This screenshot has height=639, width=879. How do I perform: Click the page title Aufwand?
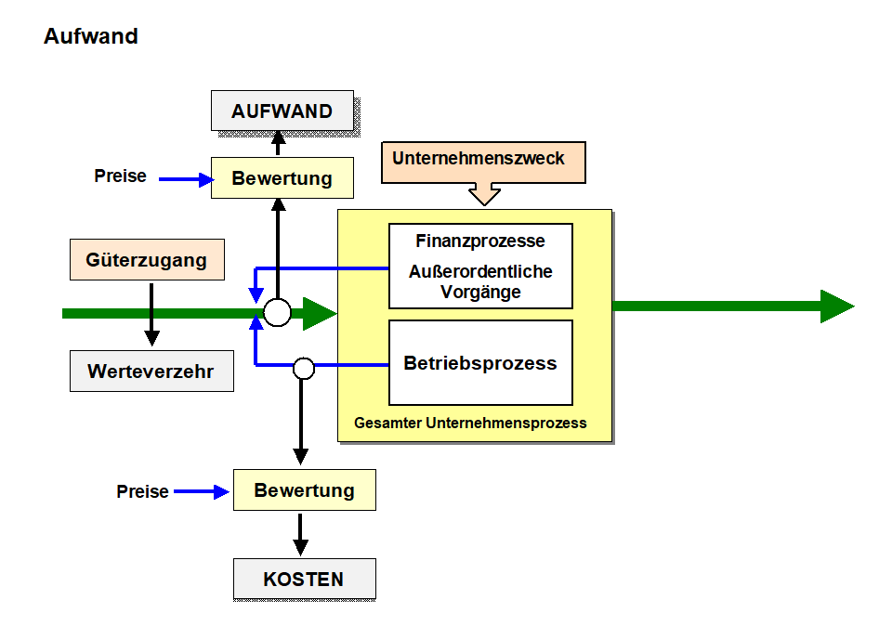91,37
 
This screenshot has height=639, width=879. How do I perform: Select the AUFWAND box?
282,111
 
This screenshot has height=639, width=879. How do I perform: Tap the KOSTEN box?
304,580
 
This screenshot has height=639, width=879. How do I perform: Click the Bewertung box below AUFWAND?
282,177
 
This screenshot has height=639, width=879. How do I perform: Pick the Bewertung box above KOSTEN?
304,490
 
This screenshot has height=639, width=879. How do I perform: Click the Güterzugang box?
147,260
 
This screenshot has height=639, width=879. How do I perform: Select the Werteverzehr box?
151,372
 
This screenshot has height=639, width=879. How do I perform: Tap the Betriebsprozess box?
480,363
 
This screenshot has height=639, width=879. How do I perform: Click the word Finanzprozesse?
480,241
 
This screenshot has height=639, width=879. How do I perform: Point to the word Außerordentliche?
480,272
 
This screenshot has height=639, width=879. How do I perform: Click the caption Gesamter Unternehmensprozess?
470,423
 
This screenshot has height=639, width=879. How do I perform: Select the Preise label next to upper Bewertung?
121,176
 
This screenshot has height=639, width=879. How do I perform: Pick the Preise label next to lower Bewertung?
143,491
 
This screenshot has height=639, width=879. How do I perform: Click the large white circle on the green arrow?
278,313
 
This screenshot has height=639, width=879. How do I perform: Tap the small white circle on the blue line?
303,368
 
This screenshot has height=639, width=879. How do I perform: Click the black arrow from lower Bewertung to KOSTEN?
300,534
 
